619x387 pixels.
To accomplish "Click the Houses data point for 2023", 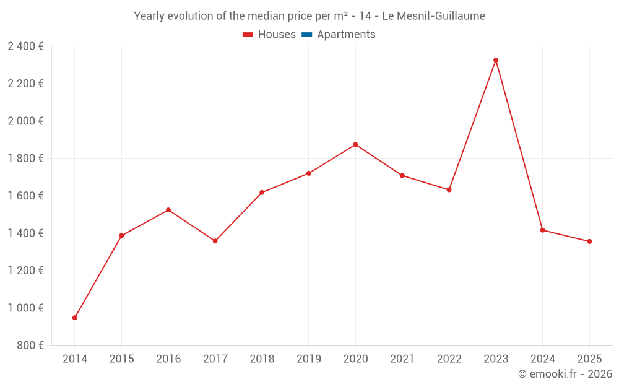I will coord(496,60).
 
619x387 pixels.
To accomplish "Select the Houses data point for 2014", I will coord(75,318).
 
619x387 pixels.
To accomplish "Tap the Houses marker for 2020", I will coord(355,145).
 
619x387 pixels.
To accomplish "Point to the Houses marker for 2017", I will coord(215,241).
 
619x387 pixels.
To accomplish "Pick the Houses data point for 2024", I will coord(543,230).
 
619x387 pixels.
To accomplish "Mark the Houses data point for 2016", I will coord(168,210).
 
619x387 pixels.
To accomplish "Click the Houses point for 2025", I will coord(589,241).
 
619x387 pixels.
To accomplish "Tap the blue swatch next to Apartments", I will coord(306,35).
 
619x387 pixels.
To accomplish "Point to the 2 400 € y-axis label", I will coord(25,46).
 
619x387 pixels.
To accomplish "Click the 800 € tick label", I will coord(30,346).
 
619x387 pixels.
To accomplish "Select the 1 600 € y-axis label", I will coord(25,196).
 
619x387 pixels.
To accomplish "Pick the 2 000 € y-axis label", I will coord(25,121).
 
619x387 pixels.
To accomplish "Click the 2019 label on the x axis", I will coord(309,359).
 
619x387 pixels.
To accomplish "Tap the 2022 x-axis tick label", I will coord(449,359).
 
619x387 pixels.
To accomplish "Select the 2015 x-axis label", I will coord(121,359).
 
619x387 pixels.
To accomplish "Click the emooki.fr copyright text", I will coord(565,374).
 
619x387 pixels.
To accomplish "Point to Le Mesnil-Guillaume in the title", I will coord(433,16).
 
